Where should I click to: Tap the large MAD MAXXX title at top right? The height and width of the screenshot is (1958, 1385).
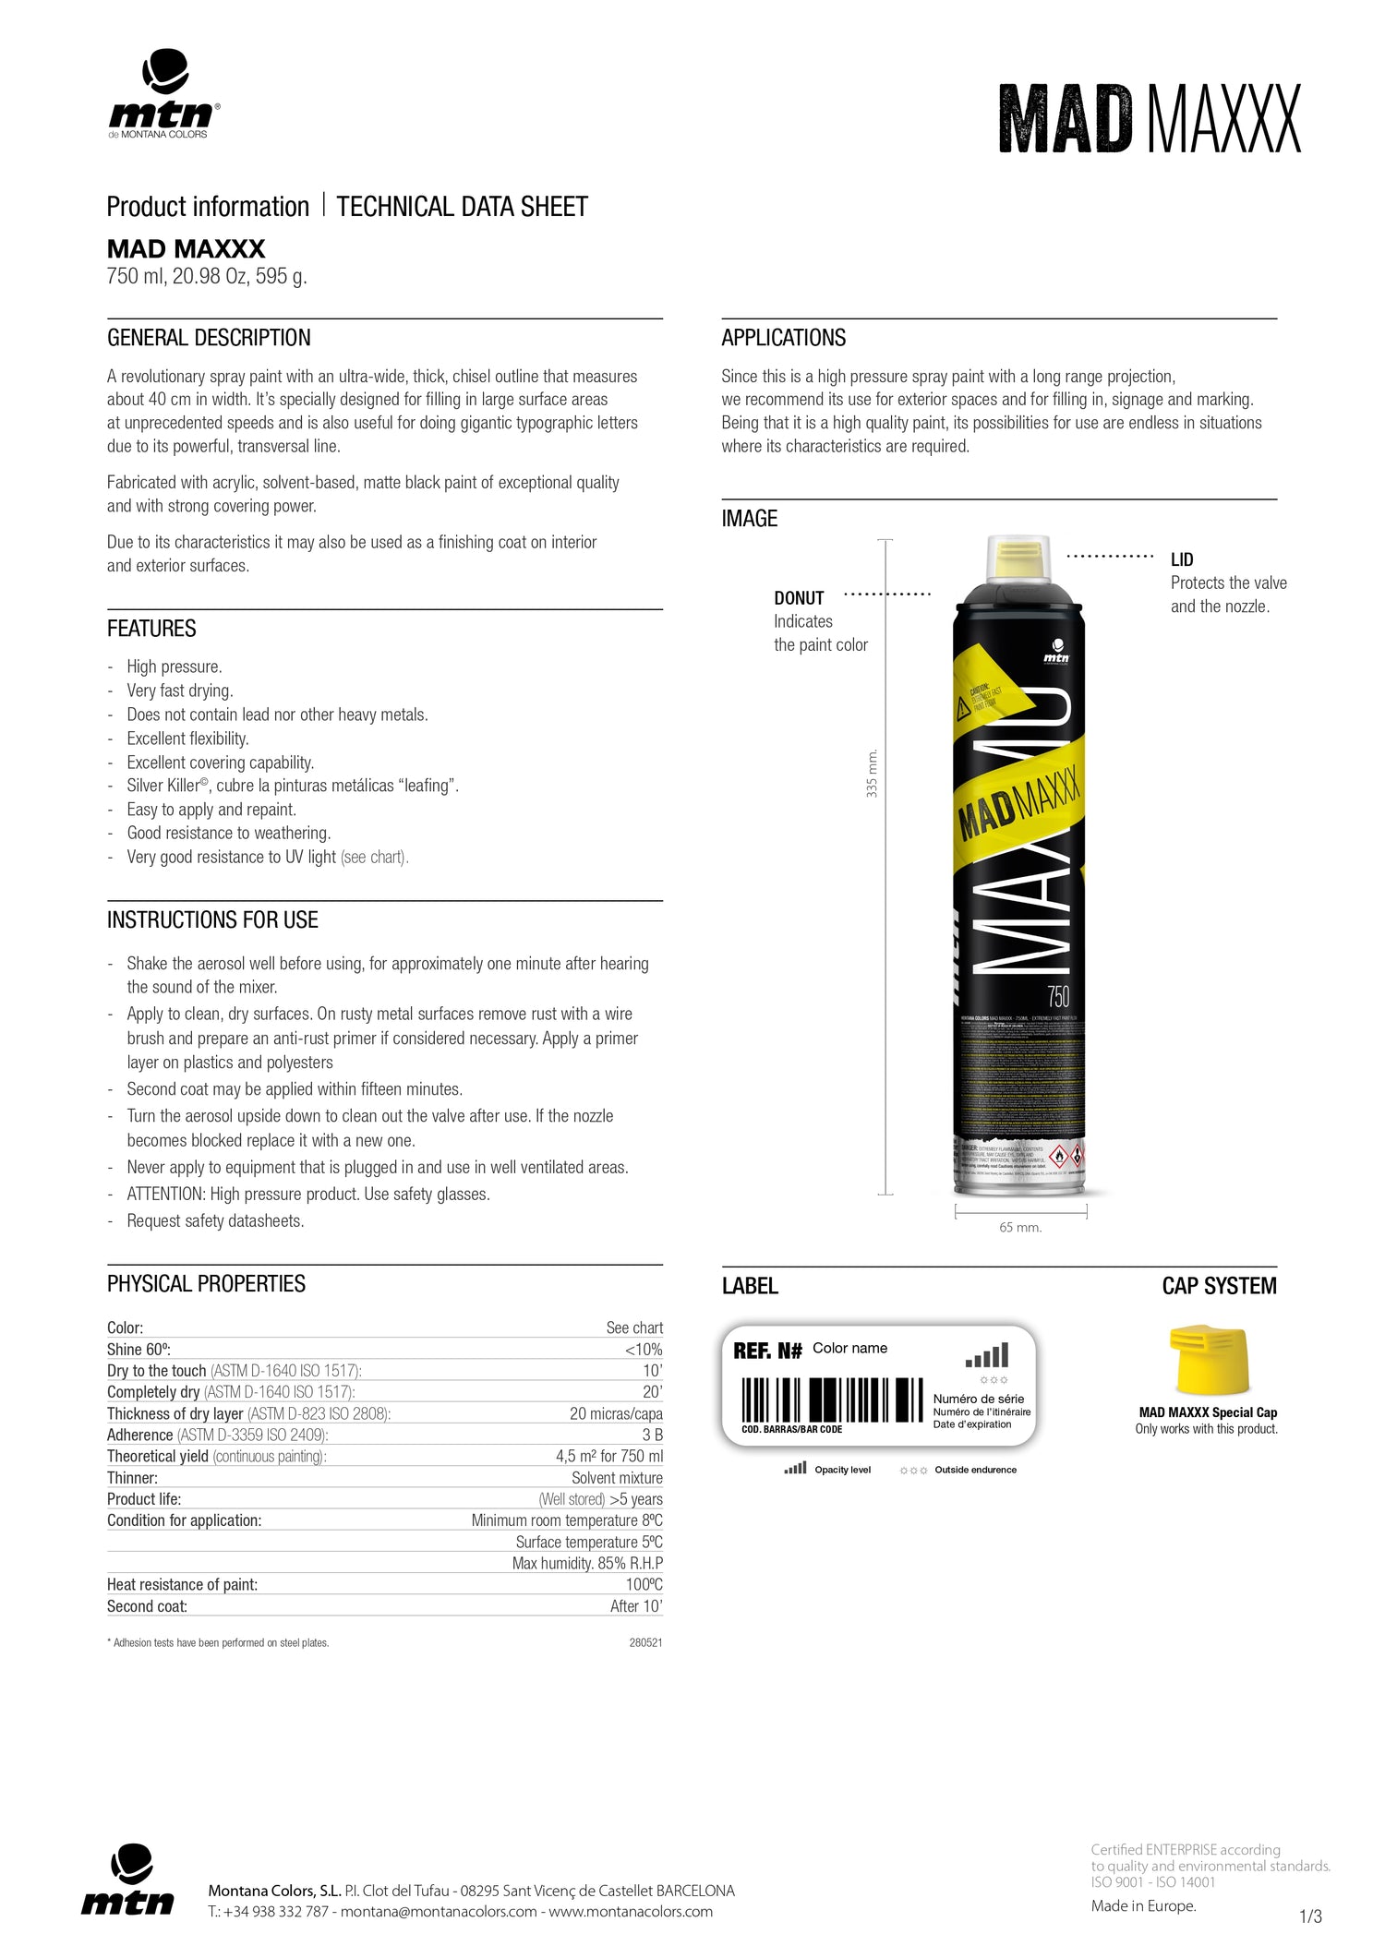[1150, 119]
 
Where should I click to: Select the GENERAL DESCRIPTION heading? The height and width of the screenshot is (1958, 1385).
[209, 338]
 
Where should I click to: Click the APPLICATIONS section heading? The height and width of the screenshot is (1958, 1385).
[783, 338]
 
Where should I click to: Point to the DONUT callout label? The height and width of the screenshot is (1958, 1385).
[799, 598]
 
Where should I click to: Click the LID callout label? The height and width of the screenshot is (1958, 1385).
[1182, 559]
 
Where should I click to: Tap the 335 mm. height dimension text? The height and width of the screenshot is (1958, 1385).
[873, 774]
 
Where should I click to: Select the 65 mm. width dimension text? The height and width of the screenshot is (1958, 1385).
[1020, 1228]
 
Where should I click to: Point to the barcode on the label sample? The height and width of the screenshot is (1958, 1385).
[831, 1399]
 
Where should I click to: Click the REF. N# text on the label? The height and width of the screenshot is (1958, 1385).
[767, 1351]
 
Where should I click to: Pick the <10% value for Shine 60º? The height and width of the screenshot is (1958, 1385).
[644, 1350]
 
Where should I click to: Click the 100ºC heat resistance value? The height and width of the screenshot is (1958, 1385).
[644, 1584]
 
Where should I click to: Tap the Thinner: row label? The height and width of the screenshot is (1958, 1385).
[132, 1477]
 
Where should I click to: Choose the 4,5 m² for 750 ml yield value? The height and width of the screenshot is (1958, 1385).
[608, 1456]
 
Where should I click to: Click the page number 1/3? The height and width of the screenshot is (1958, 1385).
[1310, 1916]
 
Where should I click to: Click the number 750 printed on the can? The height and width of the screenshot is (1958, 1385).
[1058, 997]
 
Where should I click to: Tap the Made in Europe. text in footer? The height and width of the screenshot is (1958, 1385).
[1143, 1905]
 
